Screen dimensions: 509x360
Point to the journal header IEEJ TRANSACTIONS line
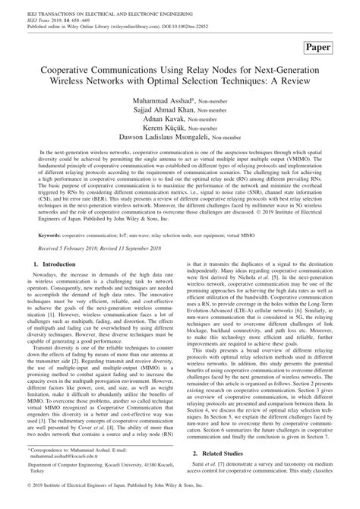pos(95,7)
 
